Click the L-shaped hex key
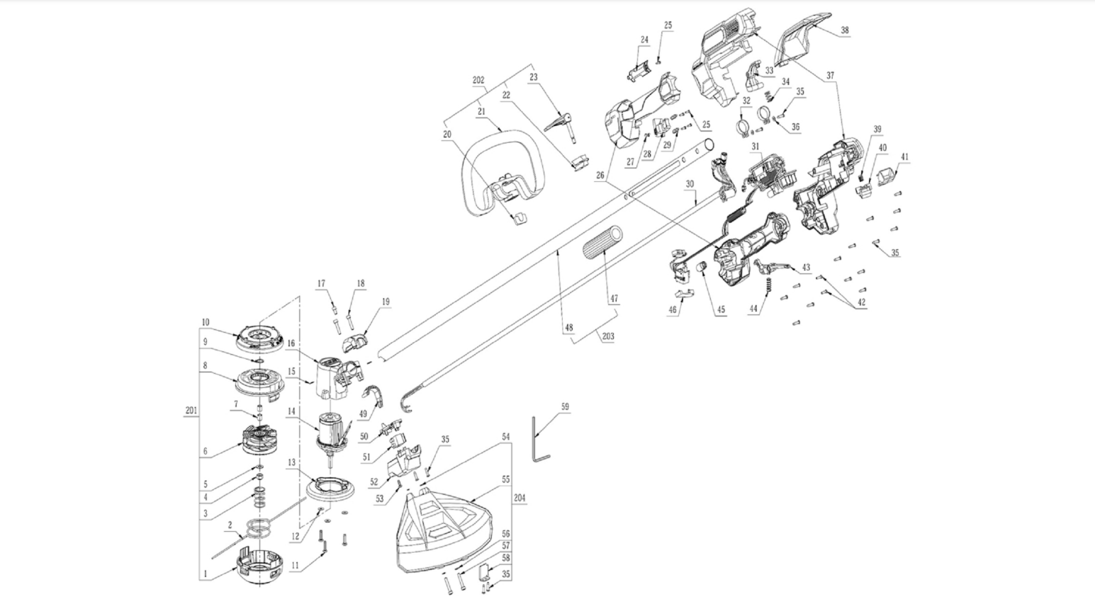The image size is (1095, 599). [x=539, y=439]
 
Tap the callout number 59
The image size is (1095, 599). [x=565, y=407]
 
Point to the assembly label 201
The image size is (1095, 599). [x=191, y=410]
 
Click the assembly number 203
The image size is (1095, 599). [x=608, y=336]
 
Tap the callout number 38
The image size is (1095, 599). [x=844, y=31]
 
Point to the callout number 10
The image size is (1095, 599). [x=206, y=323]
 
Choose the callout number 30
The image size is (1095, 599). [x=690, y=184]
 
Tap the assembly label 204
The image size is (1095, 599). [x=520, y=498]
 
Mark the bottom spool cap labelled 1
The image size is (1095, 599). [x=259, y=567]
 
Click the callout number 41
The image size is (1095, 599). [x=905, y=157]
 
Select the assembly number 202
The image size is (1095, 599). [x=478, y=81]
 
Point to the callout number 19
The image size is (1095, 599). [x=386, y=302]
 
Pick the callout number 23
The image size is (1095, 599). [x=534, y=77]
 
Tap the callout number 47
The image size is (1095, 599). [x=614, y=299]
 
